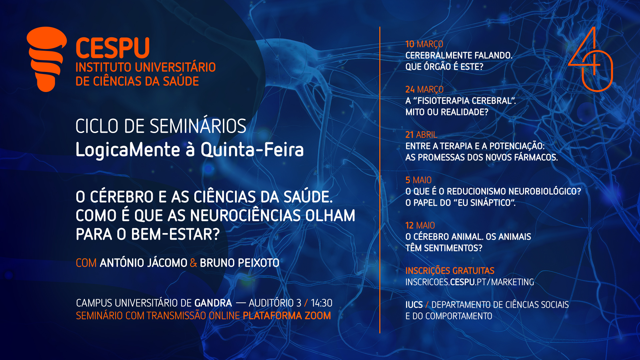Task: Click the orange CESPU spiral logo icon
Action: click(x=47, y=59)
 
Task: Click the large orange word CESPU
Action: click(x=113, y=48)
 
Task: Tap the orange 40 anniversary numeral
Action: click(x=591, y=59)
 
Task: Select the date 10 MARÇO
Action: click(x=424, y=44)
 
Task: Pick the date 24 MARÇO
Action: click(x=424, y=89)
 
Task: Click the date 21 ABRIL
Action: click(x=421, y=135)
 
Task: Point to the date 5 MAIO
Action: click(x=418, y=180)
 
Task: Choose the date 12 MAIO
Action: click(x=420, y=225)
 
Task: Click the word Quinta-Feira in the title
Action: click(x=252, y=150)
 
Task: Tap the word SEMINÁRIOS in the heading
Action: click(x=198, y=126)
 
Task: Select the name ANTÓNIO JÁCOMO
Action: click(x=144, y=263)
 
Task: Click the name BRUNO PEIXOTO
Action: click(x=240, y=263)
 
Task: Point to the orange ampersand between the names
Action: click(x=194, y=263)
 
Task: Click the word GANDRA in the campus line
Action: click(x=213, y=303)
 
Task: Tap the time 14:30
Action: click(x=322, y=303)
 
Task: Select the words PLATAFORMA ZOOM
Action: click(x=287, y=316)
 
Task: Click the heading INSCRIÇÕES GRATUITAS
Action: click(x=450, y=271)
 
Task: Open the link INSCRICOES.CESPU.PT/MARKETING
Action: click(x=470, y=282)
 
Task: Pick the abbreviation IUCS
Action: click(x=414, y=305)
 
